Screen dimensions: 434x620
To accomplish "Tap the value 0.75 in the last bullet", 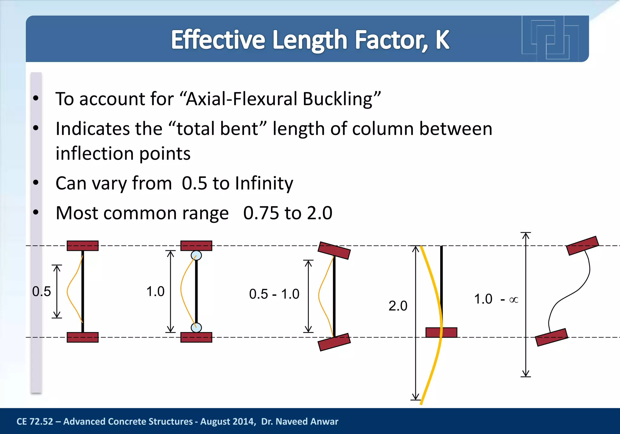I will click(261, 213).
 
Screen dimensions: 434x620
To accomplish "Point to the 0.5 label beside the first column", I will click(41, 291).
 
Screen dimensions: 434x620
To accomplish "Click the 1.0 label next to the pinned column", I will click(155, 291).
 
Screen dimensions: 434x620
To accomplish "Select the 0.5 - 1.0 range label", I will click(274, 294).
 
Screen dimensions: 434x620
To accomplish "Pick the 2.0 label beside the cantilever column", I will click(398, 306).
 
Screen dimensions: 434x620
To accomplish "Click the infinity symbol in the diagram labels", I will click(514, 300).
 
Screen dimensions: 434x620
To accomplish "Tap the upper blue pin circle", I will click(196, 255).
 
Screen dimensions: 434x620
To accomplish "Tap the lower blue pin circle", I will click(196, 327).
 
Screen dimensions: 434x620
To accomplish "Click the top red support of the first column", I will click(83, 246).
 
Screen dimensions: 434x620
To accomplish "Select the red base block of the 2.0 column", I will click(441, 332).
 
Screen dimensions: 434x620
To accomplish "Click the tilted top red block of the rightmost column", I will click(582, 246).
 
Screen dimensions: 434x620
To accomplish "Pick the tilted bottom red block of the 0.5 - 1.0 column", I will click(334, 342).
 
